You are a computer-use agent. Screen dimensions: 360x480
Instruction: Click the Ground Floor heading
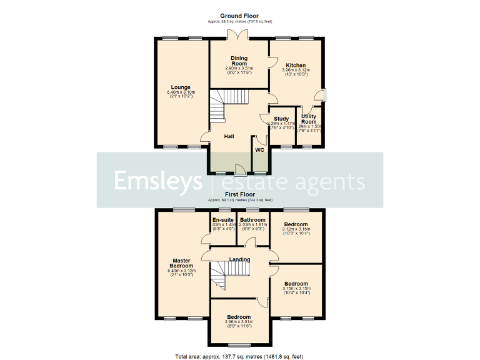pyautogui.click(x=239, y=16)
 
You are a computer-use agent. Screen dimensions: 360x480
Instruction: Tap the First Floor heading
pyautogui.click(x=239, y=195)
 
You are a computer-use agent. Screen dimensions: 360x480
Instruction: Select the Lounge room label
pyautogui.click(x=181, y=87)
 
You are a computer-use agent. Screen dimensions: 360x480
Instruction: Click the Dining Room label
pyautogui.click(x=239, y=61)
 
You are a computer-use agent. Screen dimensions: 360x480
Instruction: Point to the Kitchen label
pyautogui.click(x=296, y=65)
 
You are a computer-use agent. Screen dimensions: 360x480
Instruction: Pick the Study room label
pyautogui.click(x=281, y=118)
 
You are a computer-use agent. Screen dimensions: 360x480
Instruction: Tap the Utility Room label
pyautogui.click(x=309, y=119)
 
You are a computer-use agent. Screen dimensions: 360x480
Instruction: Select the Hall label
pyautogui.click(x=229, y=136)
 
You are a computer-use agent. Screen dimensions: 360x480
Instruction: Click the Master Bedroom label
pyautogui.click(x=181, y=263)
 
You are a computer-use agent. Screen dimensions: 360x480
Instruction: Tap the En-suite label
pyautogui.click(x=223, y=219)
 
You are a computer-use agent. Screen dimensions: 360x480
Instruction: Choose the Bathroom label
pyautogui.click(x=253, y=219)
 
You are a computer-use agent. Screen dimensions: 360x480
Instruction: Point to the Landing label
pyautogui.click(x=239, y=259)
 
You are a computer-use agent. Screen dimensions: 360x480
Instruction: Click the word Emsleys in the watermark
pyautogui.click(x=157, y=181)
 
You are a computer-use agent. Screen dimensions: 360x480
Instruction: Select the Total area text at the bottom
pyautogui.click(x=239, y=356)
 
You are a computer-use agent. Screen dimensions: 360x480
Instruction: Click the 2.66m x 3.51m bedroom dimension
pyautogui.click(x=239, y=323)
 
